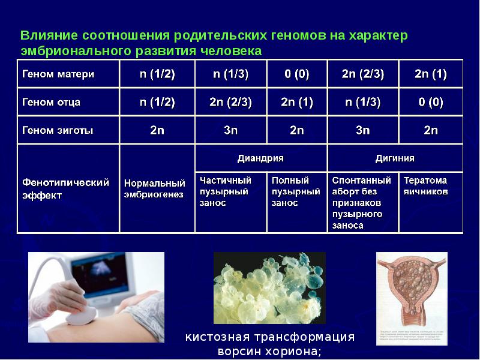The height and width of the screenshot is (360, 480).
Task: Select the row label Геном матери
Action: [59, 75]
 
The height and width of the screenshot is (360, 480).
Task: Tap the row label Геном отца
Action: [52, 102]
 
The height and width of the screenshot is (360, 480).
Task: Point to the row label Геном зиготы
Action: [58, 130]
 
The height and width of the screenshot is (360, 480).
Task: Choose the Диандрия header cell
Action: [260, 158]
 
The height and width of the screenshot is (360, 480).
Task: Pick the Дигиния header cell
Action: [394, 158]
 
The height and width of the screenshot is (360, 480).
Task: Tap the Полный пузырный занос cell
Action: [296, 191]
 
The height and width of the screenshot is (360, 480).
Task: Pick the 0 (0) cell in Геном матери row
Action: [296, 75]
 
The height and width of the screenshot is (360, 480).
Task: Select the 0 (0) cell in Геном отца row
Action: [431, 102]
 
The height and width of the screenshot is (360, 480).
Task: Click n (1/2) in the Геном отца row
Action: [157, 102]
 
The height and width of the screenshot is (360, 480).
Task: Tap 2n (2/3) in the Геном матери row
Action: [362, 75]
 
